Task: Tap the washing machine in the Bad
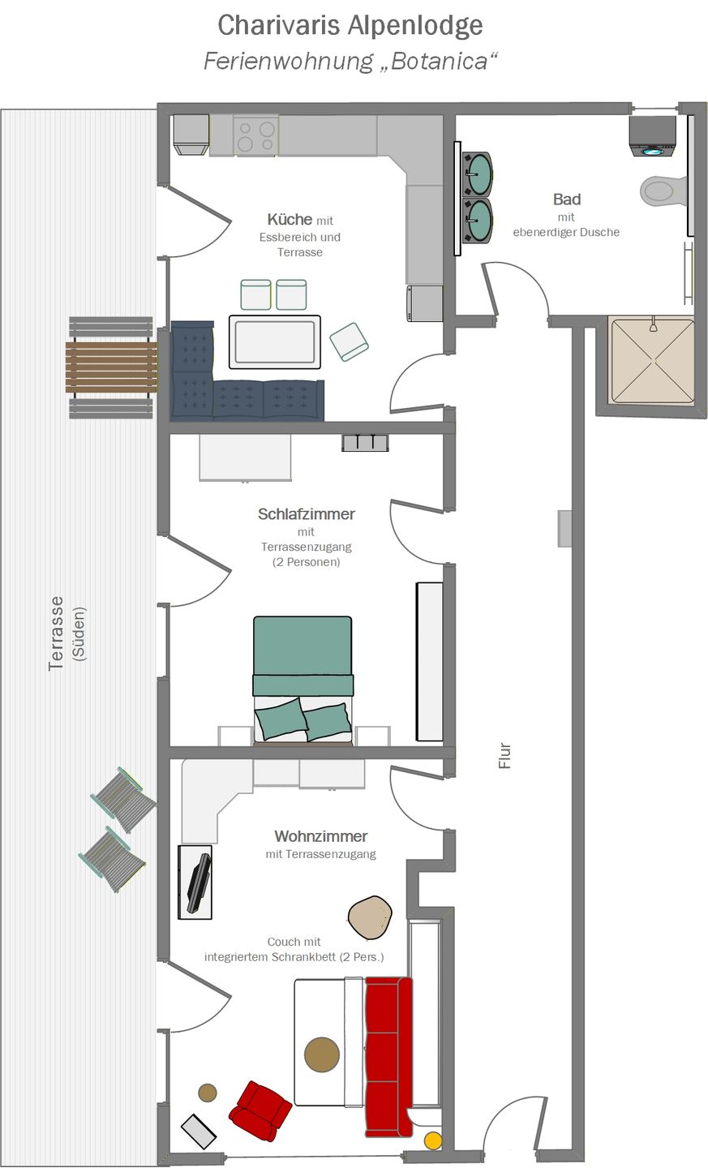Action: coord(652,136)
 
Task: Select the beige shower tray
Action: coord(652,361)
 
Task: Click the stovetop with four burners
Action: coord(256,135)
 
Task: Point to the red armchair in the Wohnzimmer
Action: coord(260,1110)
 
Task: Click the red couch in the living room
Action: coord(389,1056)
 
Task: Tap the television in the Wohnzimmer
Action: coord(199,883)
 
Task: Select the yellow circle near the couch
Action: coord(433,1140)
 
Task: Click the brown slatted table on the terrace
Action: coord(111,367)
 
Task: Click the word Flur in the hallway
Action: coord(504,756)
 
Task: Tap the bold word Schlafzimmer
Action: coord(307,514)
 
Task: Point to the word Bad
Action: coord(567,200)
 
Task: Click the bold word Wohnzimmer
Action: coord(320,835)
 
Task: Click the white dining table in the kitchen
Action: coord(275,341)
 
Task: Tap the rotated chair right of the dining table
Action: coord(350,341)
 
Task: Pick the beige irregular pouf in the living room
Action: coord(370,917)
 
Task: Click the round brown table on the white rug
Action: coord(322,1054)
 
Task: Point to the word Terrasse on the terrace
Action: coord(56,633)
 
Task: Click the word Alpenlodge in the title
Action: coord(415,25)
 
